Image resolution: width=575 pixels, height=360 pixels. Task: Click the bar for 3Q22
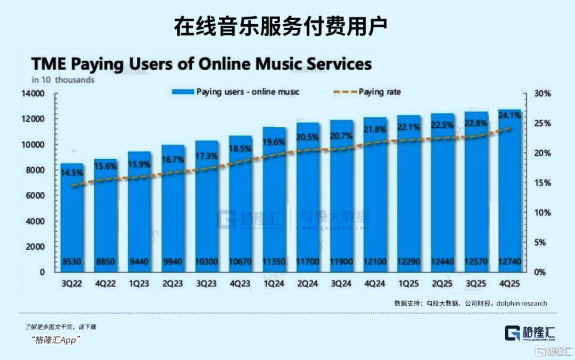(x=71, y=218)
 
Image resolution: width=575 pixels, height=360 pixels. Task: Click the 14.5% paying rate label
(x=71, y=173)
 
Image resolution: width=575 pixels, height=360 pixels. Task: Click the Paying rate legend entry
(x=379, y=92)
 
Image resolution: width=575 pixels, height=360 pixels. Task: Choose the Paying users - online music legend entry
(x=248, y=92)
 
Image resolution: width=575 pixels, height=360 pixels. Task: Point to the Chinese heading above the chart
(x=281, y=26)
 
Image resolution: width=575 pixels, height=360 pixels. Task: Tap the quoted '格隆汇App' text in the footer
(x=55, y=340)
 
